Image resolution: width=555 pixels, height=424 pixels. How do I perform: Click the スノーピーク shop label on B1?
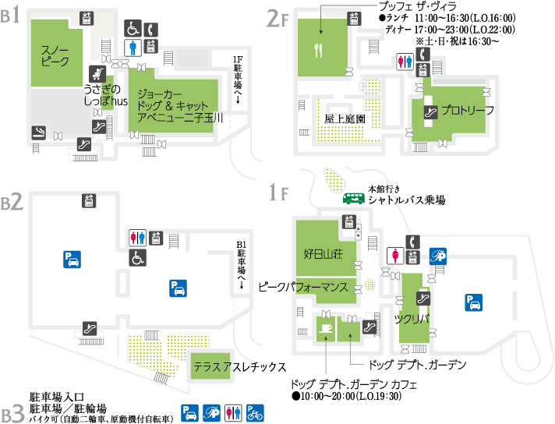pos(55,56)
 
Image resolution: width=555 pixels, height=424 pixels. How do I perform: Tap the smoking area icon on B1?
pos(38,132)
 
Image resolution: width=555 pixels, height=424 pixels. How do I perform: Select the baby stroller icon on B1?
pos(97,73)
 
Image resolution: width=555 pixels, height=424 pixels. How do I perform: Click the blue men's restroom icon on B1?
pos(133,48)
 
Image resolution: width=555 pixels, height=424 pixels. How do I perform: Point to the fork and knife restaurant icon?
pos(319,50)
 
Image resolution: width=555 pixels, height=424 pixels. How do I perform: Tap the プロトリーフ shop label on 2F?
pos(468,111)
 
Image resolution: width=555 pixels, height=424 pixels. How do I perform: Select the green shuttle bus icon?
pos(354,199)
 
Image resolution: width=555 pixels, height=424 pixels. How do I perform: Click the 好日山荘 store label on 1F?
pos(323,254)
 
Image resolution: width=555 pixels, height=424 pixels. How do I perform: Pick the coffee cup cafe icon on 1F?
pos(326,328)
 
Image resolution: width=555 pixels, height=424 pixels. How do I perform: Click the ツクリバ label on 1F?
pos(412,320)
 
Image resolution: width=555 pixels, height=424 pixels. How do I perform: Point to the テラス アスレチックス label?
pos(240,367)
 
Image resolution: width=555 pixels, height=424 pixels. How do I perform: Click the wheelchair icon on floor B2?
pos(138,258)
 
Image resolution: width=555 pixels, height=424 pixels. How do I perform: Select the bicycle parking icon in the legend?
pos(255,413)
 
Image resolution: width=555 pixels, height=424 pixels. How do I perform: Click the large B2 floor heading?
pos(12,202)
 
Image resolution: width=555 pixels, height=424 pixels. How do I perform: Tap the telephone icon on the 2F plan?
pos(422,55)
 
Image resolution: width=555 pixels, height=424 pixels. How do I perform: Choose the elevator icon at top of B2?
pos(89,200)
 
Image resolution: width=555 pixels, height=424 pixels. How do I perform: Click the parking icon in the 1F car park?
pos(474,303)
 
